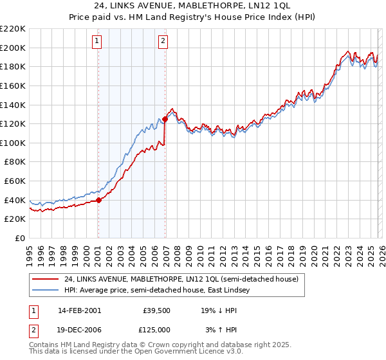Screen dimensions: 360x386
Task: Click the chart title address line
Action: click(193, 6)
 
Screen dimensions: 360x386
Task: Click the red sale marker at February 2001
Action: click(98, 200)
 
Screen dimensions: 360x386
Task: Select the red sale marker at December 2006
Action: click(165, 119)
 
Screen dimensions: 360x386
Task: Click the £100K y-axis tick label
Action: click(13, 143)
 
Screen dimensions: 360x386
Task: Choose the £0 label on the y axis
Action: click(19, 238)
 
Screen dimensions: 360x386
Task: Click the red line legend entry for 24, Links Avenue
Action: click(181, 280)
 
